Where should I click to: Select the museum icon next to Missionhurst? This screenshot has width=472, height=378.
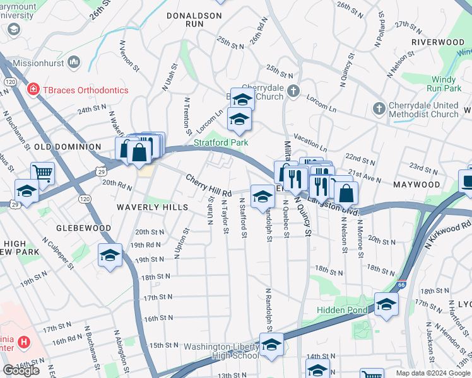74,61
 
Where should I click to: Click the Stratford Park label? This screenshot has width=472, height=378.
221,143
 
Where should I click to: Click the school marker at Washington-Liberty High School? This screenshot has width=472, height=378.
271,346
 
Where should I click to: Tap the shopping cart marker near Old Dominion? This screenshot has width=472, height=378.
42,172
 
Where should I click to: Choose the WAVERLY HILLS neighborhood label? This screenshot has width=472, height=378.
152,207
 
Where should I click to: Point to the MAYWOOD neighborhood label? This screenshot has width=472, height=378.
416,185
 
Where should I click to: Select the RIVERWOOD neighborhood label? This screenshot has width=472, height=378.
437,42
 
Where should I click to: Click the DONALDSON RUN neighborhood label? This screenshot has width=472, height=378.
194,19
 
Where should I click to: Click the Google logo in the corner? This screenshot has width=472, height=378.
21,370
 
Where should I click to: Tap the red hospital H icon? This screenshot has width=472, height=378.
24,342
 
